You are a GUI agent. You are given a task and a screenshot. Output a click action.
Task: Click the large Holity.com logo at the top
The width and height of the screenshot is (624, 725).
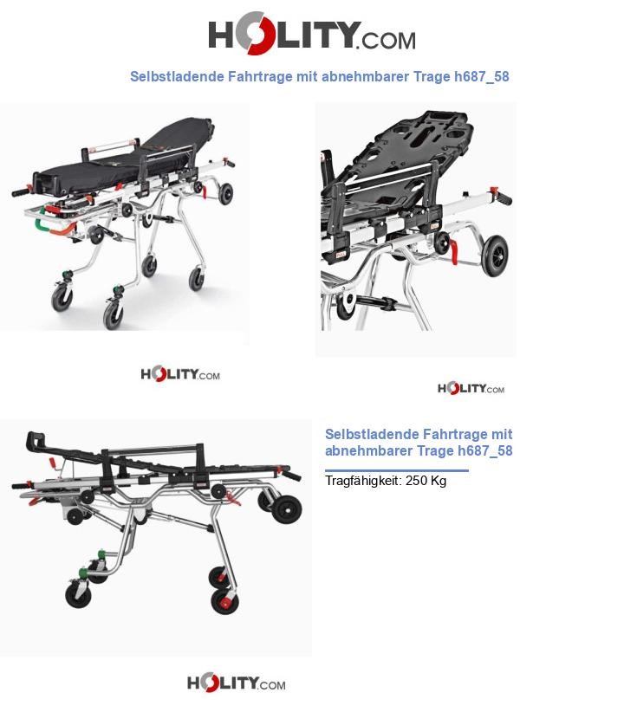pos(312,33)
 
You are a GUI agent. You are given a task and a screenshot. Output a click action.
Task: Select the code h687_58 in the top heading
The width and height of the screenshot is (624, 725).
pos(482,77)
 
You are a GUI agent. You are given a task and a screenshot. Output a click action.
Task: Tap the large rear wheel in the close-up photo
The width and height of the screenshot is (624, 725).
pos(495,256)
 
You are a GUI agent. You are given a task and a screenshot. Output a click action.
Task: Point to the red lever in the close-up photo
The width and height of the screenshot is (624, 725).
pos(453,252)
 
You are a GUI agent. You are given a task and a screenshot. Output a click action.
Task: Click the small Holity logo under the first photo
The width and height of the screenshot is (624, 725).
pos(180,373)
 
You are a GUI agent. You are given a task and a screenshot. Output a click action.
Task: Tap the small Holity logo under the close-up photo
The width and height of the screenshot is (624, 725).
pos(471,388)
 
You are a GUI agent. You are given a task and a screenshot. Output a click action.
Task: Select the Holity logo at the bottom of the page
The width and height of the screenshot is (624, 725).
pos(236,683)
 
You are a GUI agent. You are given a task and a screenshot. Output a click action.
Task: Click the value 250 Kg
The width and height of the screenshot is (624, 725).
pos(426,481)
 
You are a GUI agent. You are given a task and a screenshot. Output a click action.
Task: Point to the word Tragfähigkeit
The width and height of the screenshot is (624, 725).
pos(363,481)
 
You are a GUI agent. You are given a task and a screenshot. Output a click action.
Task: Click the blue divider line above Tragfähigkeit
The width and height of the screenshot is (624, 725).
pos(397,470)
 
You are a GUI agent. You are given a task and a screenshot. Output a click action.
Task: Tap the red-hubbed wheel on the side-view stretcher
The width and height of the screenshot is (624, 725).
pos(224,601)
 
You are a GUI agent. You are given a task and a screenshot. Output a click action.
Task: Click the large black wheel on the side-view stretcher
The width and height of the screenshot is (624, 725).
pos(287,509)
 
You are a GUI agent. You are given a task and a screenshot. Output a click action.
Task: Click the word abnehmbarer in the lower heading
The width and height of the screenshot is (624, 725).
pos(368,450)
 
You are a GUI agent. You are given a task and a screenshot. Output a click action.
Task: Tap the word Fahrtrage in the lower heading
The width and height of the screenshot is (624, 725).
pos(454,434)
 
